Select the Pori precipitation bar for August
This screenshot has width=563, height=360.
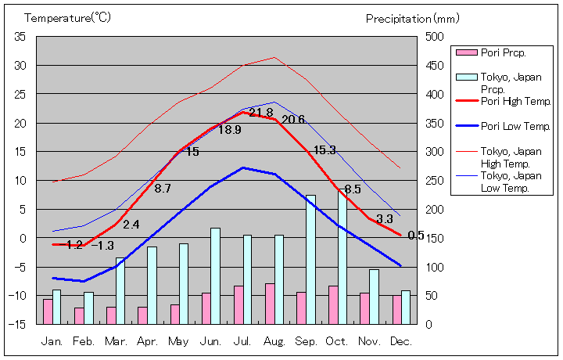(270, 304)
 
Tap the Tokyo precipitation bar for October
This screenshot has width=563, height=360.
(342, 257)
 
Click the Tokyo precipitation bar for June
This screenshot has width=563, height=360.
(215, 275)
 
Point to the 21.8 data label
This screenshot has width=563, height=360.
(261, 113)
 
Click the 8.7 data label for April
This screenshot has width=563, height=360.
(163, 189)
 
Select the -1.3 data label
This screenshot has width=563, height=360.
(102, 246)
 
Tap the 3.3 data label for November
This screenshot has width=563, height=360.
(385, 219)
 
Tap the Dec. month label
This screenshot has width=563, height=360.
(401, 341)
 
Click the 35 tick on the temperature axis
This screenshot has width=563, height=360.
(20, 37)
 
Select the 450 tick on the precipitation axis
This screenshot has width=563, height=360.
(435, 66)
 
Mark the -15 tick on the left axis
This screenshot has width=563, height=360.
(17, 324)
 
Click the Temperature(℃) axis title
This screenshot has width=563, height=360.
(56, 17)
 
